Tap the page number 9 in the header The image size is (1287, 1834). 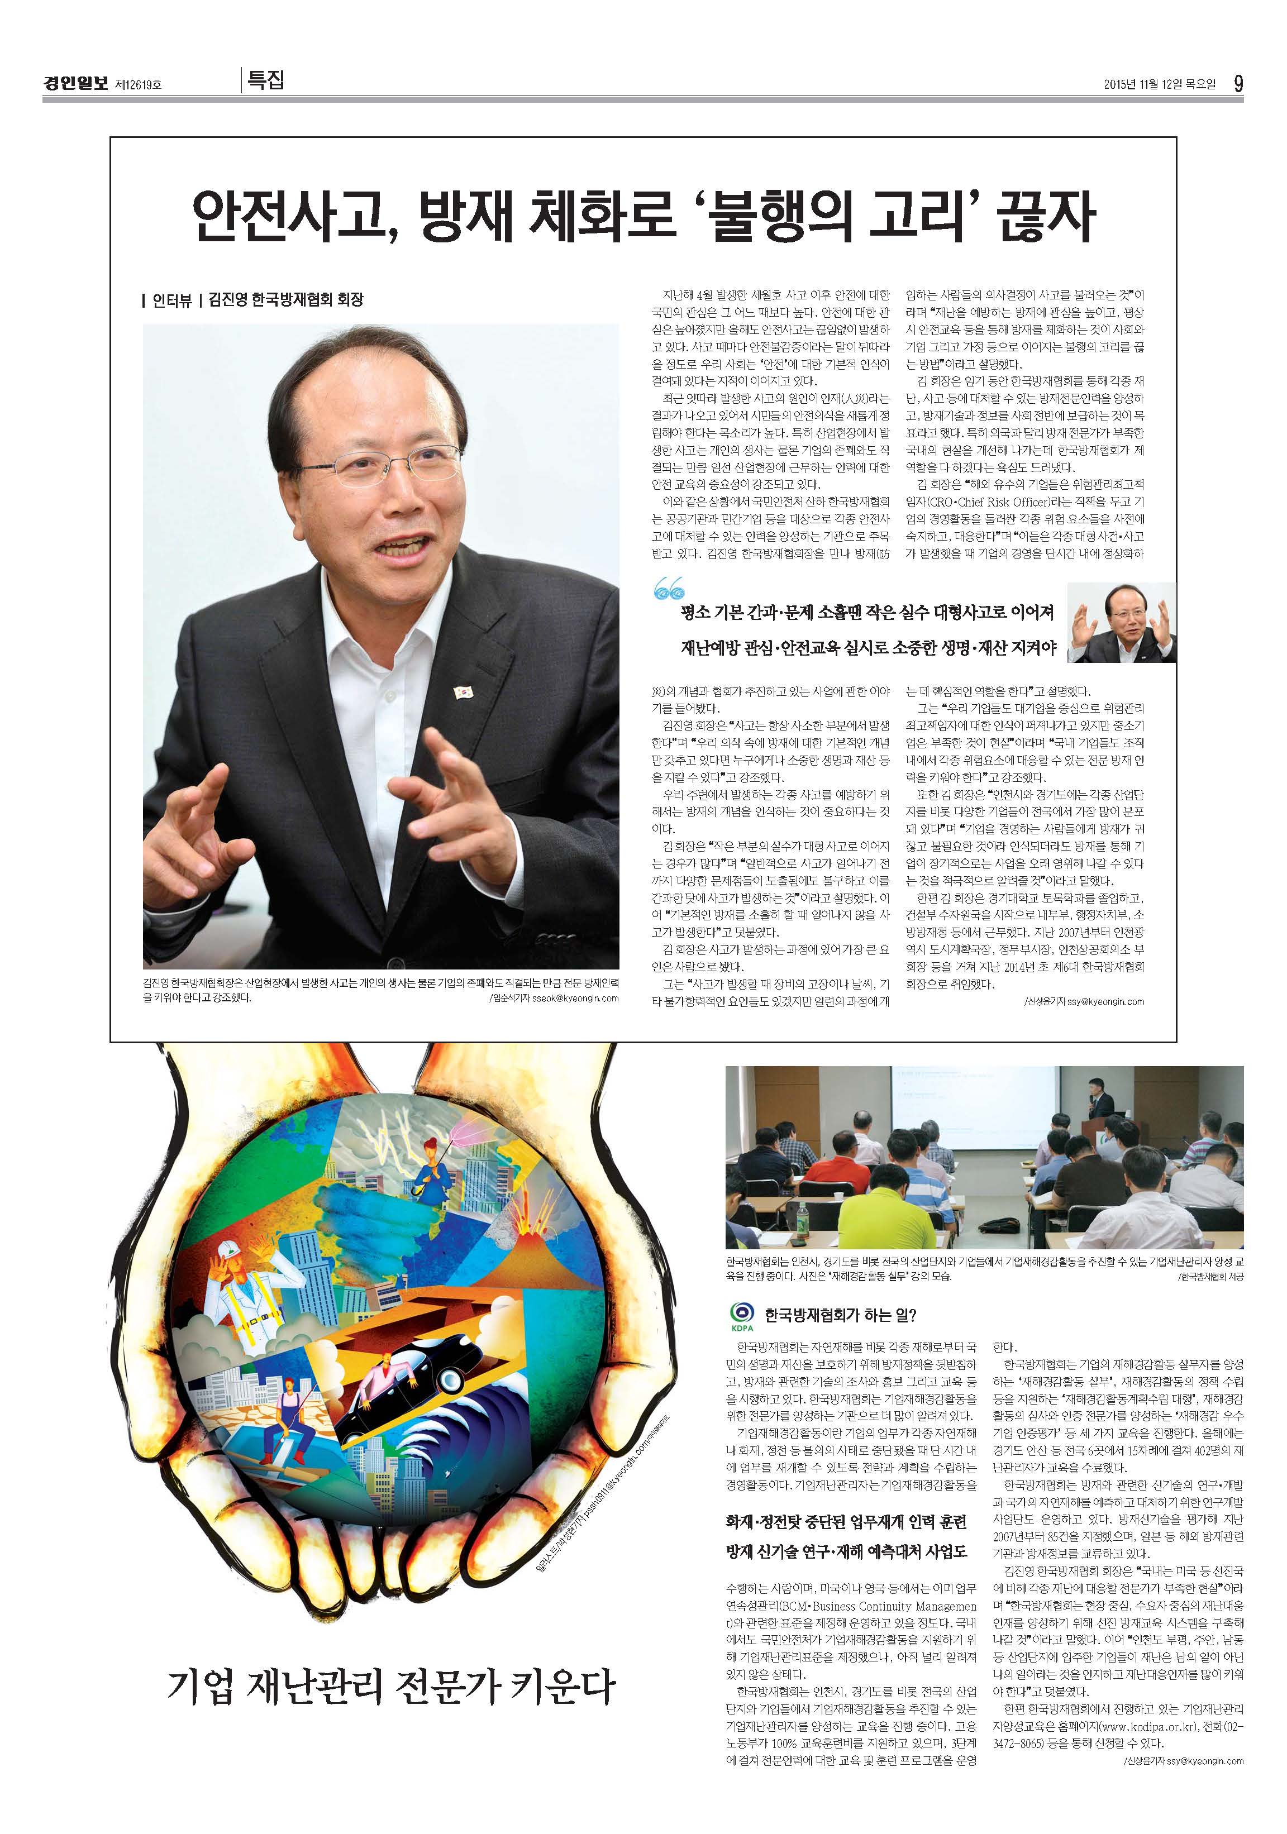coord(1237,83)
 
